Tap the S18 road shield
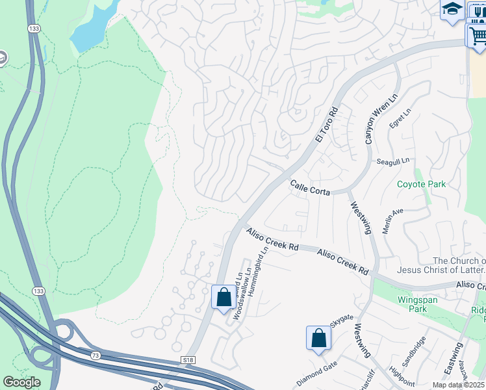tap(188, 359)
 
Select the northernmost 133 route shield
tap(34, 29)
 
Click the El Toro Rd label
tap(327, 125)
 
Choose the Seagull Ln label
tap(393, 160)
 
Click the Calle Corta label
tap(311, 188)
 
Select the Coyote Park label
tap(422, 184)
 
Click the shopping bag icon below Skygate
tap(318, 338)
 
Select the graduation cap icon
tap(452, 10)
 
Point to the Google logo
tap(22, 382)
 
